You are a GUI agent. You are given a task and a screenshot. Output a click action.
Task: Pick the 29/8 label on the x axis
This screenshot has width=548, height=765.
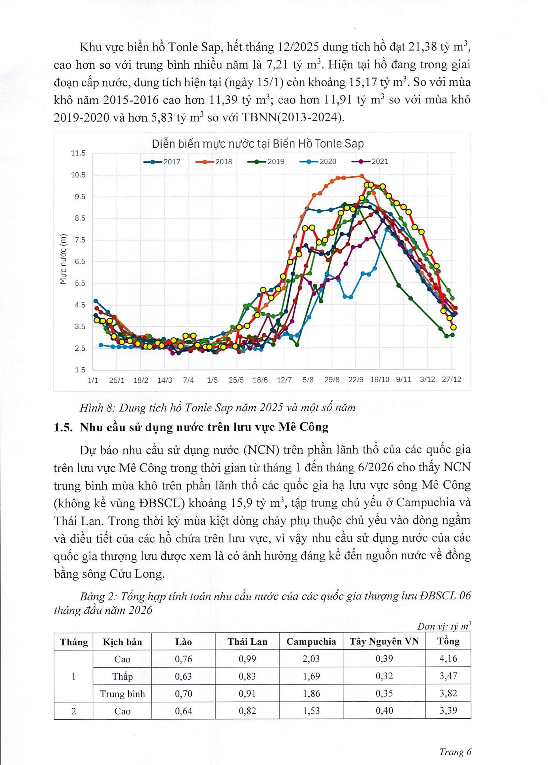(332, 380)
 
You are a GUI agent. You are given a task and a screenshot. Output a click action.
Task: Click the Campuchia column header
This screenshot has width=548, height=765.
(311, 642)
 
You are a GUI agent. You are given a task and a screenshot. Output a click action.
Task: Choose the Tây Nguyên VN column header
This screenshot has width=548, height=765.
(384, 642)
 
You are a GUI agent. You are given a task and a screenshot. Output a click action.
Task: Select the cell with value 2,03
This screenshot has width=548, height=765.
(311, 659)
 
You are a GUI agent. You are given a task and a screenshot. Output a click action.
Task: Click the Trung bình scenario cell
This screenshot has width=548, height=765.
(122, 694)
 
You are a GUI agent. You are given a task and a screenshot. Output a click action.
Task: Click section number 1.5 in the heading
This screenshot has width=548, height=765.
(63, 427)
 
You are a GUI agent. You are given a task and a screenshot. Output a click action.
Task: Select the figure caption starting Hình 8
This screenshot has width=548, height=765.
(217, 408)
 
